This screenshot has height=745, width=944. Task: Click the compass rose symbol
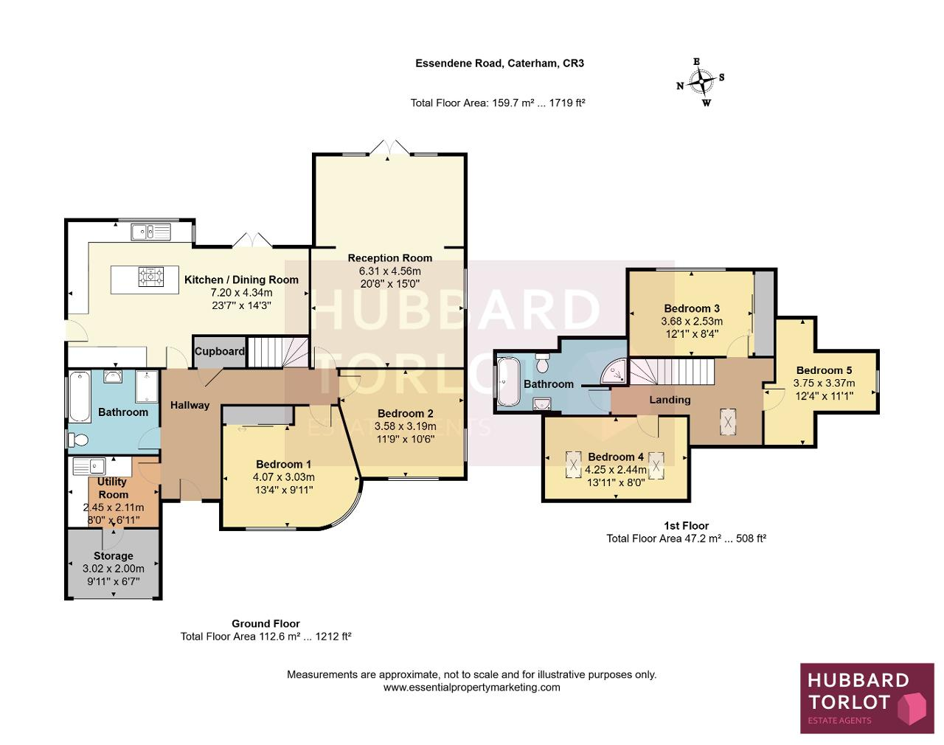(701, 82)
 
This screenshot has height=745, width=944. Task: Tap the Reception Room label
(390, 258)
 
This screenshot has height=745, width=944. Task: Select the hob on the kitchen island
(151, 277)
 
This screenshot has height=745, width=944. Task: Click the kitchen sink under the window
(150, 232)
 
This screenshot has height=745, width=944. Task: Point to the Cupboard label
(219, 351)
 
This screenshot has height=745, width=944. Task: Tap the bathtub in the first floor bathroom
(509, 381)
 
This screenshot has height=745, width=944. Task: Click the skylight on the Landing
(728, 422)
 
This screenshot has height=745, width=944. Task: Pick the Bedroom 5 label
(825, 370)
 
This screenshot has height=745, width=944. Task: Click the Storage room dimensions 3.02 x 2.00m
(113, 569)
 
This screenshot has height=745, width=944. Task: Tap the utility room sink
(89, 465)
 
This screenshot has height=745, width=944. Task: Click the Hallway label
(190, 405)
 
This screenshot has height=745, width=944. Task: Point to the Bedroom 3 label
(692, 308)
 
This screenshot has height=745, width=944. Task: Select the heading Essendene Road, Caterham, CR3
(499, 63)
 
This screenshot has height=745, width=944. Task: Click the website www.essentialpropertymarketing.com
(471, 687)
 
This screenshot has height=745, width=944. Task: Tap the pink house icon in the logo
(912, 708)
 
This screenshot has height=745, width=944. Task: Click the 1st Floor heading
(687, 526)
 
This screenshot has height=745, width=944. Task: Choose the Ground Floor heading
(265, 623)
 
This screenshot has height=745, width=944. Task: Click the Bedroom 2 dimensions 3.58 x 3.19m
(406, 426)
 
